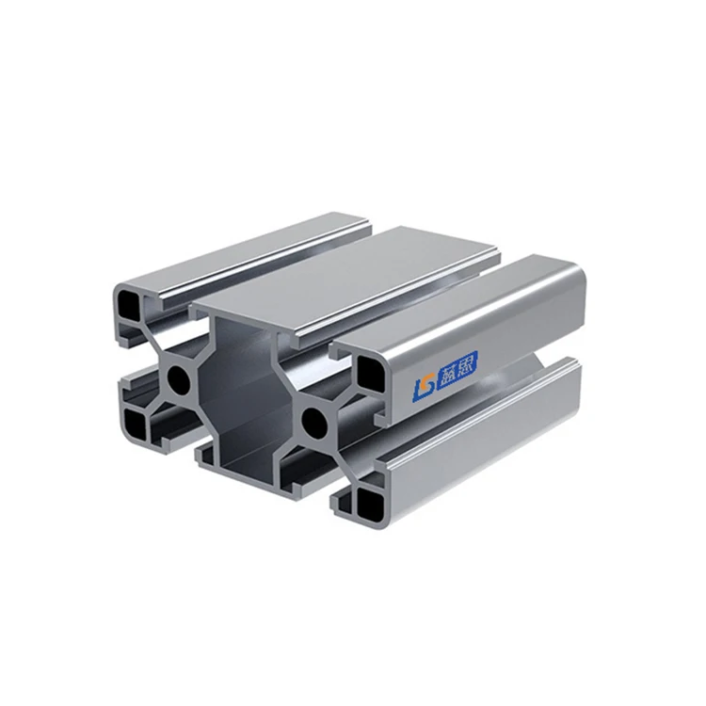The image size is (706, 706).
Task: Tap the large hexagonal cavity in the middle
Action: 247,386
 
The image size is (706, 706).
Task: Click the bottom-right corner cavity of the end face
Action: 361,500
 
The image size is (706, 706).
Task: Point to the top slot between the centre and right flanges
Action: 424,301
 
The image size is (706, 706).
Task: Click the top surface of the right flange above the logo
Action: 471,301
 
